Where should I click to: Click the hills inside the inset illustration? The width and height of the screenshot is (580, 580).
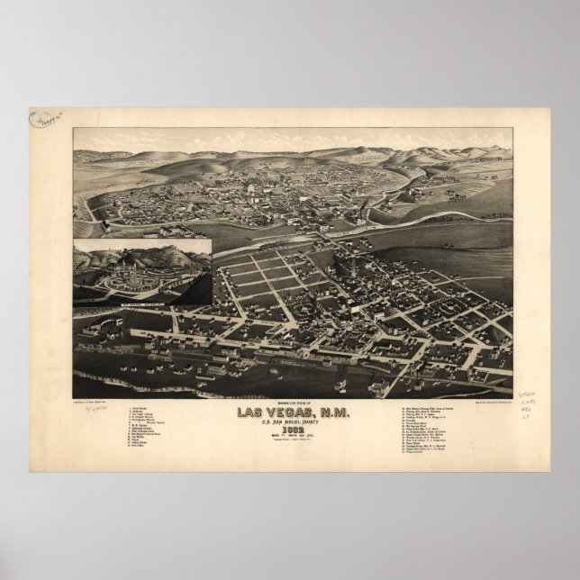point(171,253)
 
